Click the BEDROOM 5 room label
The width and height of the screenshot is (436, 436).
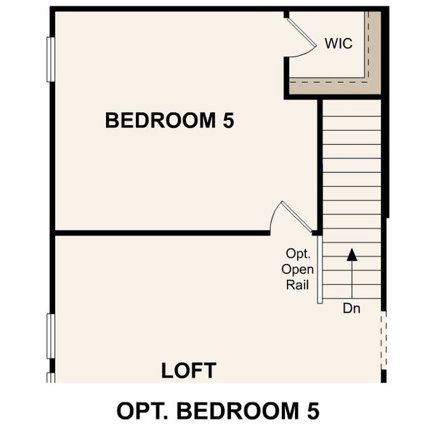[169, 120]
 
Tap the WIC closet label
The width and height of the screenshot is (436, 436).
[338, 43]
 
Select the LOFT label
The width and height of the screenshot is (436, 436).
[188, 371]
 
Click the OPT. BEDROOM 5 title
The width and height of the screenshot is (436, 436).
[217, 411]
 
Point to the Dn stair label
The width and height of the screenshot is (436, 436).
[352, 307]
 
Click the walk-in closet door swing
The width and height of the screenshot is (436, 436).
[301, 36]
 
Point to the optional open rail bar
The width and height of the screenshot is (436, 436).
[319, 269]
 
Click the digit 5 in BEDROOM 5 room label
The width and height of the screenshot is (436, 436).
[228, 120]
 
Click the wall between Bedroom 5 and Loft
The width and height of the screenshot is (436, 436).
[160, 233]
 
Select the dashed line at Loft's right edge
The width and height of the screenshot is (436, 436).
[384, 342]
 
